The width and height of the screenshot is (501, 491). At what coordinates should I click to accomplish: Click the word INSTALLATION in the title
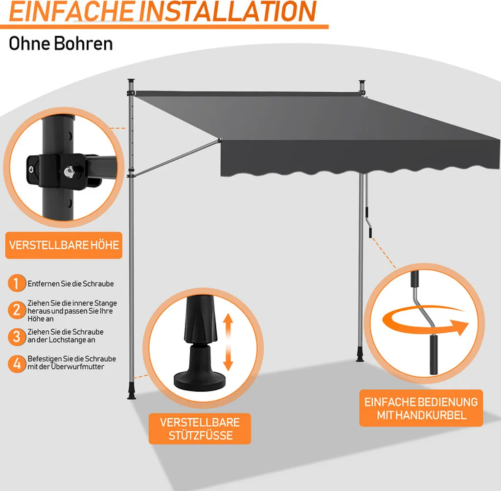click(x=227, y=12)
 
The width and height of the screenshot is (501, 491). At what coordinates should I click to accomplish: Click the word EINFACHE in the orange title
click(x=71, y=12)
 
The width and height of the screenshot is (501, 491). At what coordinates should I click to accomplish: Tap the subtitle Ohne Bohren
click(x=61, y=43)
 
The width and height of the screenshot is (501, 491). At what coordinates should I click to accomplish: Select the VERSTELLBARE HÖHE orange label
click(x=64, y=245)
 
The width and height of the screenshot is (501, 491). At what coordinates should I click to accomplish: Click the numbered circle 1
click(x=17, y=283)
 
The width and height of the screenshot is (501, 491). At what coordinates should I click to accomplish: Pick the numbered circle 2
click(x=17, y=310)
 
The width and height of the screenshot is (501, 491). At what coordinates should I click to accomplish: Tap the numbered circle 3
click(x=17, y=336)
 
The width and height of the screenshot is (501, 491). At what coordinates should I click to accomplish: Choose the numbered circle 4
click(x=17, y=363)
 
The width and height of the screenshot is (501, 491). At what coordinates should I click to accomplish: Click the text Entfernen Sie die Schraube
click(x=71, y=283)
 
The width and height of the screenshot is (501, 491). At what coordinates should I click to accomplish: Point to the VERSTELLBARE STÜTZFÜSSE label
click(x=201, y=429)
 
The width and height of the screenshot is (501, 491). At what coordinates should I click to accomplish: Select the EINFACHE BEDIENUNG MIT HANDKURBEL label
click(x=421, y=408)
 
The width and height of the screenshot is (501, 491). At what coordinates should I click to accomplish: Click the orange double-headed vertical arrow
click(x=228, y=342)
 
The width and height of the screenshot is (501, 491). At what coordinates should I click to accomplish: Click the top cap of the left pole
click(x=131, y=80)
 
